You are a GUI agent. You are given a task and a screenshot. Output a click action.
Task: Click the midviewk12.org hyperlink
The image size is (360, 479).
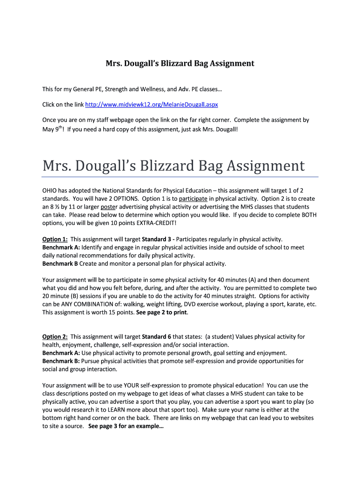pos(157,103)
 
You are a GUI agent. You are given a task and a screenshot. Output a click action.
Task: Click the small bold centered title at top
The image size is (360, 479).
pos(180,63)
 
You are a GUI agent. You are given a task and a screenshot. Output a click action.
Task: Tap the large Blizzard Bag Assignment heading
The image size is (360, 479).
pos(173,166)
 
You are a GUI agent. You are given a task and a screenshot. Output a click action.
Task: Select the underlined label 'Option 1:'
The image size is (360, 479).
pos(55,239)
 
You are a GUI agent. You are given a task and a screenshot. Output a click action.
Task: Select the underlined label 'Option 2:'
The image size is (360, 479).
pos(55,336)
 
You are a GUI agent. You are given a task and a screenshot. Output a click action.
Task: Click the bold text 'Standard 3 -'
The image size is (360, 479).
pos(158,239)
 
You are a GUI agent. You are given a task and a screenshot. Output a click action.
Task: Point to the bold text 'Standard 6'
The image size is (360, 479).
pos(157,336)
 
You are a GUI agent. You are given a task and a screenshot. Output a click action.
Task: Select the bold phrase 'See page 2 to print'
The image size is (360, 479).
pos(161,312)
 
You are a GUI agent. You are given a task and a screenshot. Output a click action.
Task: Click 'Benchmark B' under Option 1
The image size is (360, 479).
pos(60,263)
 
